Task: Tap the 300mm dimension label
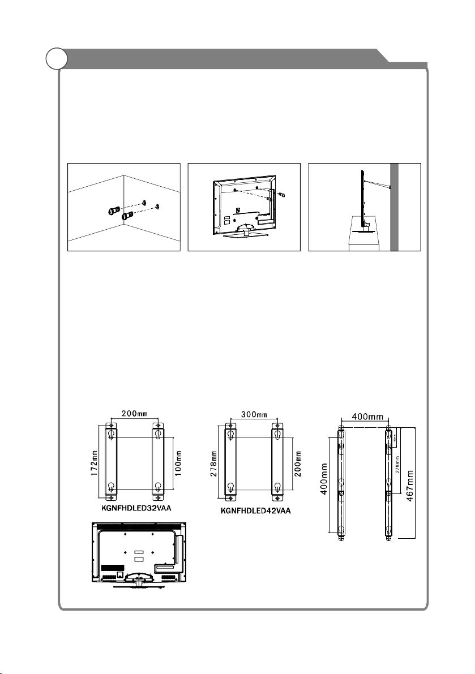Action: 253,415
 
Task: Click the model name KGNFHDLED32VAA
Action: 134,508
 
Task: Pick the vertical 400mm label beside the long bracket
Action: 324,479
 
